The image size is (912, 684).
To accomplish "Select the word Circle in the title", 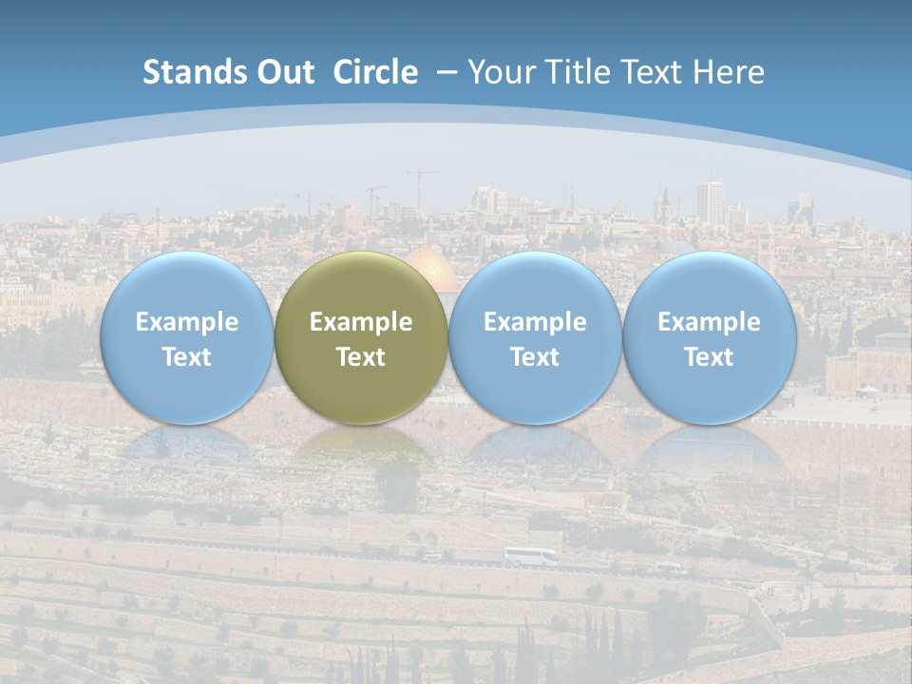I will tap(375, 72).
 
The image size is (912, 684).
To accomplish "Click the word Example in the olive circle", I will tap(361, 322).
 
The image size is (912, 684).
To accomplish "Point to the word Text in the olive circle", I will tap(361, 357).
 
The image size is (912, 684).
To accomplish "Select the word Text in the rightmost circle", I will tap(709, 357).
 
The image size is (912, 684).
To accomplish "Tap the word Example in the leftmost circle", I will tap(186, 322).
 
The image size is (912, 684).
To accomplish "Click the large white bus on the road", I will tap(530, 557).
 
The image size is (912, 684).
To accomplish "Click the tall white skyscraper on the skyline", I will tap(709, 202).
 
